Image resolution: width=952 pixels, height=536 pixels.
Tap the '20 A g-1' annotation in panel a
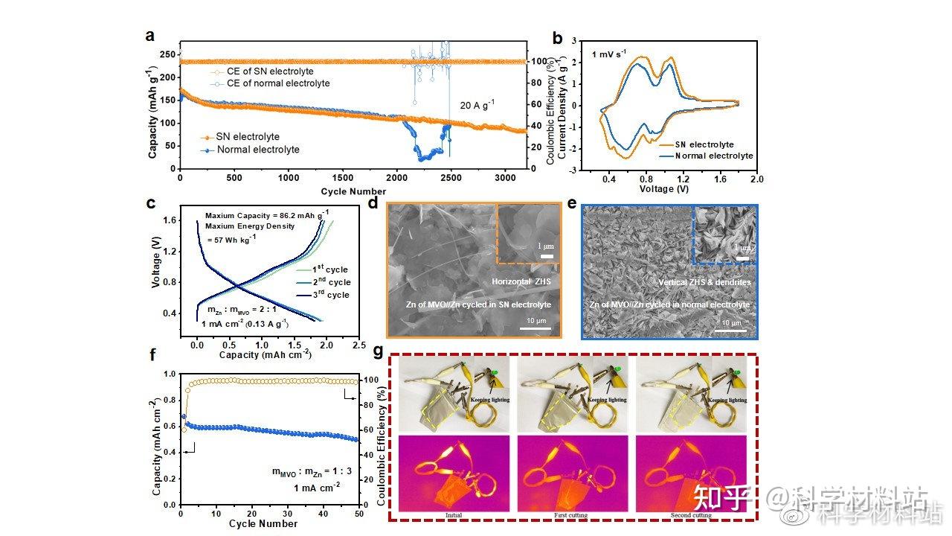click(x=477, y=105)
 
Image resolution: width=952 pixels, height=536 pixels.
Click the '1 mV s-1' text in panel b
click(x=609, y=54)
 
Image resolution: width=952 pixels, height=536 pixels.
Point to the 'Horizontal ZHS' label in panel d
click(x=519, y=281)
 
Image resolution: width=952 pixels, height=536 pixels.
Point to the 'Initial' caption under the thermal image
click(x=454, y=515)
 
